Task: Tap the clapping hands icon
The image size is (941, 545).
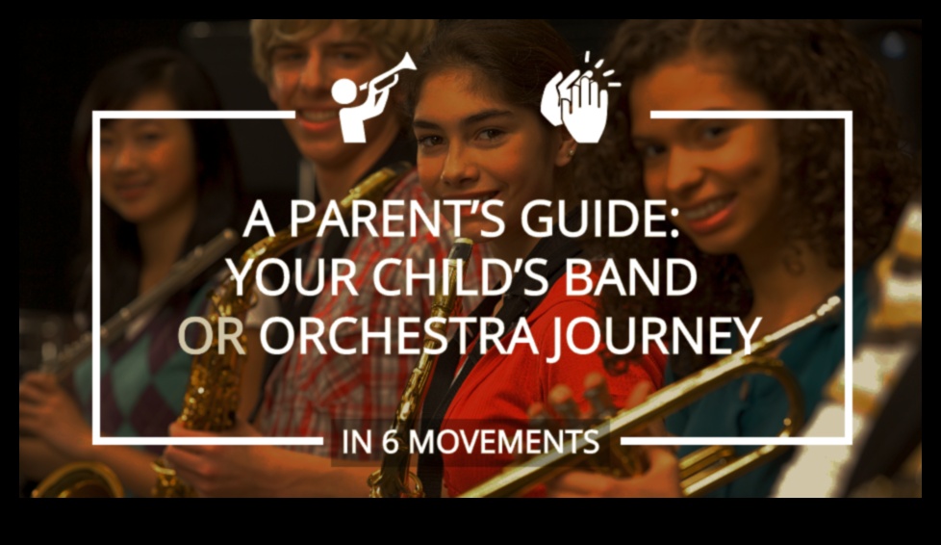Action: (x=579, y=99)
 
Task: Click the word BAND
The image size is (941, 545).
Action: (x=630, y=276)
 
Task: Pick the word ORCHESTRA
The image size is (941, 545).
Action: (x=397, y=335)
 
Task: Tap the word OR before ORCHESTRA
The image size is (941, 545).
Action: (x=212, y=335)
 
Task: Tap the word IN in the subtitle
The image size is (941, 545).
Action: (x=357, y=442)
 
